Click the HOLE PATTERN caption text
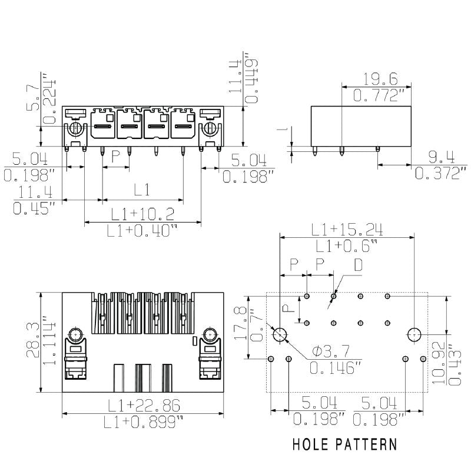tap(344, 444)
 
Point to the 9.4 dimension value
tap(441, 157)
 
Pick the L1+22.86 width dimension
tap(144, 406)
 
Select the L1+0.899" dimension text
tap(144, 422)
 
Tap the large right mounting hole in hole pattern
tap(414, 334)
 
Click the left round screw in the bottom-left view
tap(75, 336)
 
